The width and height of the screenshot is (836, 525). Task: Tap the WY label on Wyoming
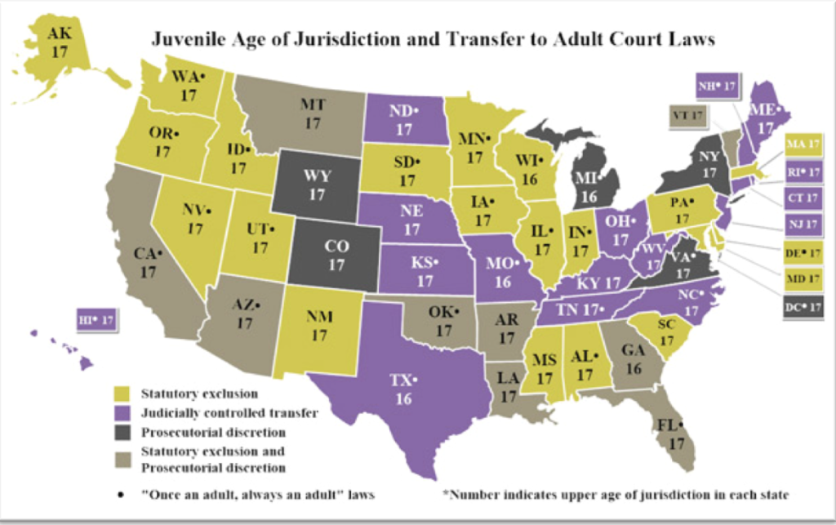coord(317,177)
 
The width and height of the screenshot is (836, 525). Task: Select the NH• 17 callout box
coord(716,85)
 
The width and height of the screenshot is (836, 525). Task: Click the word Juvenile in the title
coord(187,38)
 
